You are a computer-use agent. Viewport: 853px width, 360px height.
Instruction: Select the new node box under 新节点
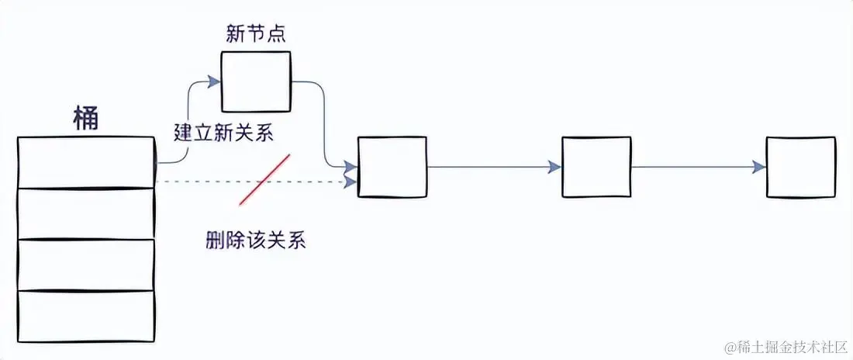[256, 81]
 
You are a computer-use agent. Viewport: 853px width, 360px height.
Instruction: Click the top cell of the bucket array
[86, 162]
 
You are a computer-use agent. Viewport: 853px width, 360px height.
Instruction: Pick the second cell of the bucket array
[86, 213]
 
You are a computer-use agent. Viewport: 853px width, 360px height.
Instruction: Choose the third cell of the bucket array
[86, 265]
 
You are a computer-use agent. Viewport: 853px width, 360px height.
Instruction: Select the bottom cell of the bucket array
[86, 315]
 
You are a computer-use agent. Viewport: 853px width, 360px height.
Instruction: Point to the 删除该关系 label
[256, 241]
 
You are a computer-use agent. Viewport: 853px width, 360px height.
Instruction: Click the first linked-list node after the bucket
[392, 167]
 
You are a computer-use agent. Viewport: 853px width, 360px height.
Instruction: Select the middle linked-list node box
[596, 167]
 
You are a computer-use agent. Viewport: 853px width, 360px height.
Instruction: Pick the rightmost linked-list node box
[800, 167]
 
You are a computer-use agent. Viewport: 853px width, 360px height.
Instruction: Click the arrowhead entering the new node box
[214, 80]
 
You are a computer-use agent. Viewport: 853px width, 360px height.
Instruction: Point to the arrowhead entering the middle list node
[554, 167]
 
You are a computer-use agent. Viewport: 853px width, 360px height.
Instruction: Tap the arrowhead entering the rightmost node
[758, 167]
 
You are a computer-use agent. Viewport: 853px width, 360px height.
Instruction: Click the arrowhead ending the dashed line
[351, 182]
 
